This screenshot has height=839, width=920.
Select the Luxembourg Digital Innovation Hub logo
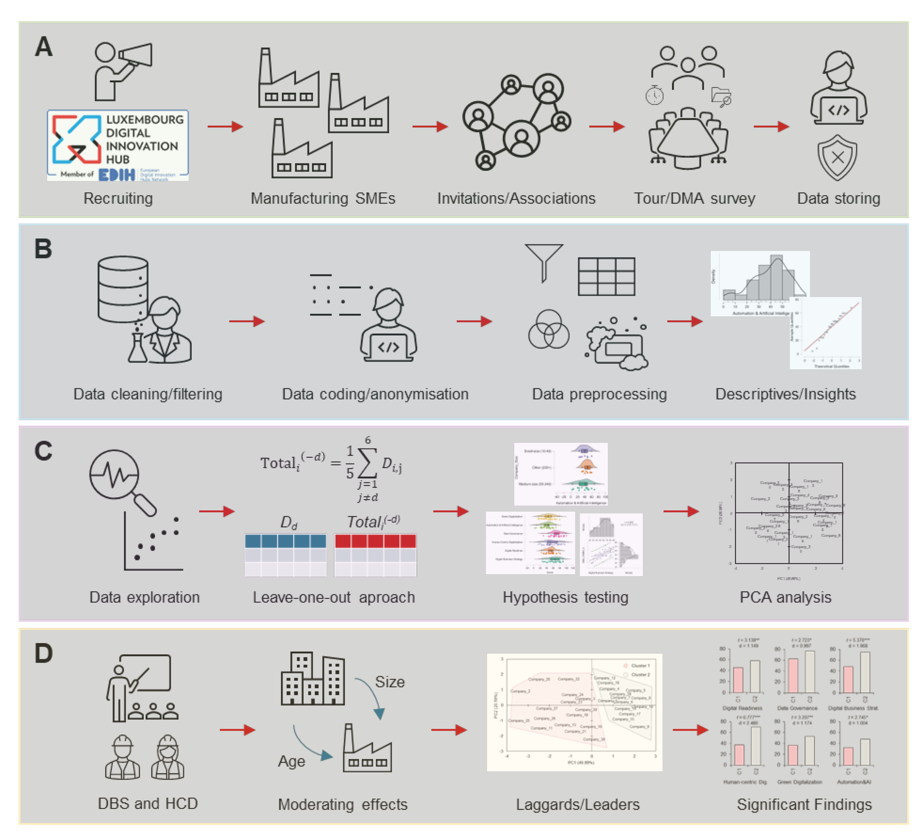point(118,145)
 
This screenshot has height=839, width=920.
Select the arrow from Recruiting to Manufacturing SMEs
point(225,127)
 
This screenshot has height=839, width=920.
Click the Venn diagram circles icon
point(549,330)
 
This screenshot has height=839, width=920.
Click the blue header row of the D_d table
point(286,541)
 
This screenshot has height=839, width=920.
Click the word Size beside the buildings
point(390,682)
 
